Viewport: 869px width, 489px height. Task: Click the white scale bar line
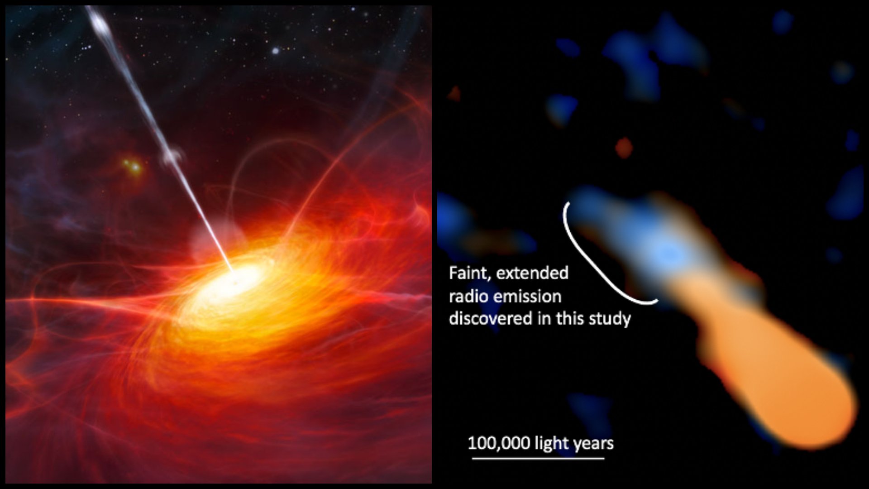(x=538, y=458)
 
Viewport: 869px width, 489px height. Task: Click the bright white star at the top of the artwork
(x=275, y=51)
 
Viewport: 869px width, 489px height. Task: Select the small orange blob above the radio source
(x=624, y=148)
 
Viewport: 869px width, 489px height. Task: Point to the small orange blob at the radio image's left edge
(x=454, y=93)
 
